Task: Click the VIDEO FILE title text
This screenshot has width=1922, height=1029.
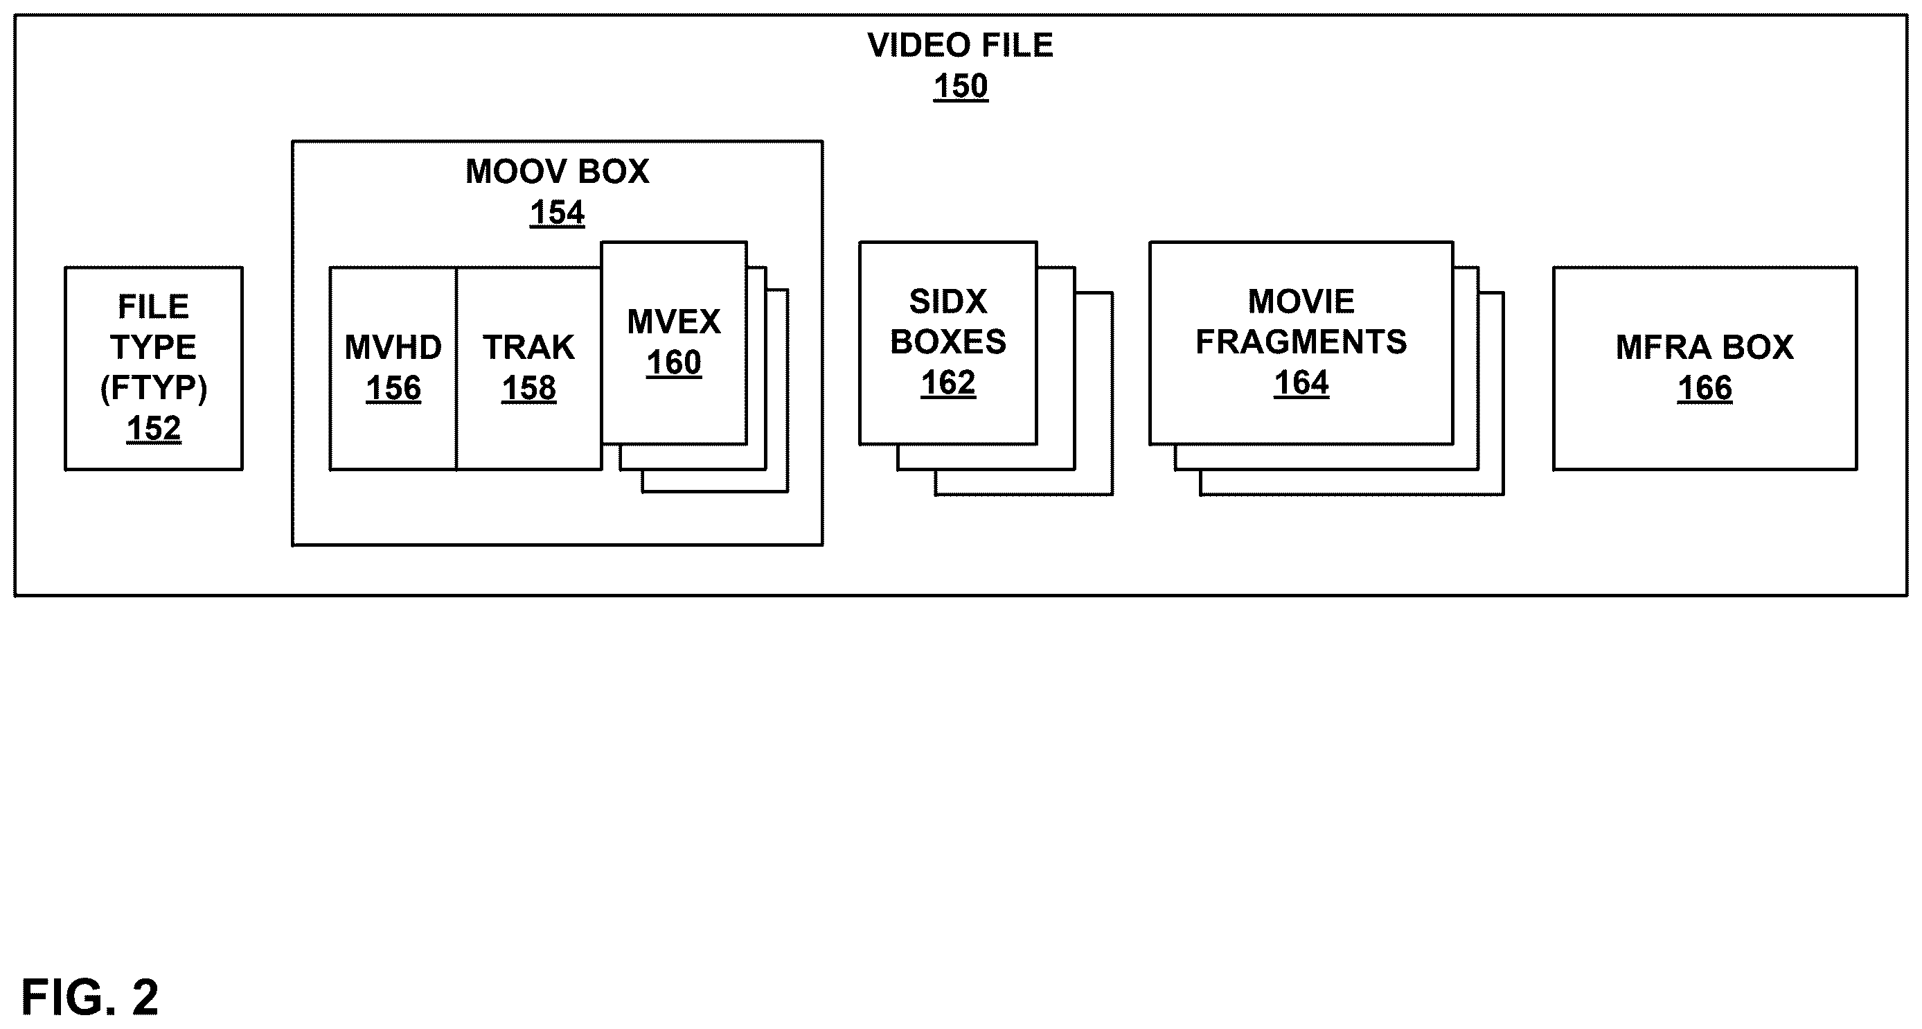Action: click(x=960, y=46)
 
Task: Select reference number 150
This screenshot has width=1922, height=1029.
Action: click(x=960, y=87)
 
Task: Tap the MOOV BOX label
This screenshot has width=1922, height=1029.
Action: click(x=558, y=172)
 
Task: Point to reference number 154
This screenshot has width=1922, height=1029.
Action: click(x=558, y=213)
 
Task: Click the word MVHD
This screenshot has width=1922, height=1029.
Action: click(x=393, y=348)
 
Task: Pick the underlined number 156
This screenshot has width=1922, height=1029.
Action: click(x=393, y=389)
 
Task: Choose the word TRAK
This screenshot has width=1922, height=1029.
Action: click(x=529, y=348)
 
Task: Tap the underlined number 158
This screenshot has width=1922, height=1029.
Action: click(x=529, y=389)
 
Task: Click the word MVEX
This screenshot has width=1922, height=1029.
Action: click(x=674, y=322)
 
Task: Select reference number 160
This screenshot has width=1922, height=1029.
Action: click(x=674, y=363)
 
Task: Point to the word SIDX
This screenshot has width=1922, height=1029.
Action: click(x=948, y=302)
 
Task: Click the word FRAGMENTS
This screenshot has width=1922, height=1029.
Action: click(x=1301, y=342)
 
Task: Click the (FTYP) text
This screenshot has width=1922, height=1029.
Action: click(x=154, y=388)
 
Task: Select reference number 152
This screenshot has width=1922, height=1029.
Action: click(x=154, y=429)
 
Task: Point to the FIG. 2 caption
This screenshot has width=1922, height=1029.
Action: click(x=90, y=997)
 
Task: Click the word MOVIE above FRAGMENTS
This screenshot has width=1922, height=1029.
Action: click(x=1301, y=302)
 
